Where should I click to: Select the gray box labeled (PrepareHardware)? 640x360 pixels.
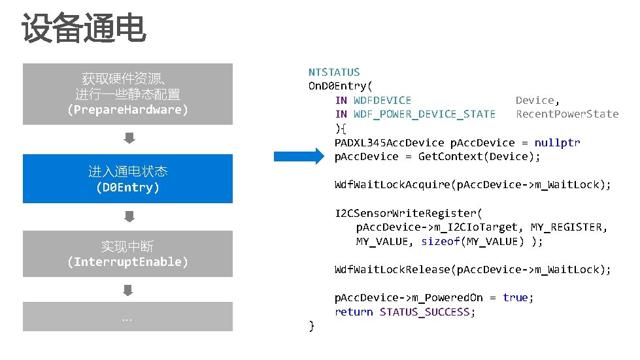pos(127,94)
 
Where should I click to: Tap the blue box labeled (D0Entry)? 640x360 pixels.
pos(127,179)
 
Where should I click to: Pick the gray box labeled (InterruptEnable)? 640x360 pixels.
pos(127,254)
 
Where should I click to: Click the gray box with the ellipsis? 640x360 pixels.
pos(127,317)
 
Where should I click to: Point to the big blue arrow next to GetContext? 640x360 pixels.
pos(299,156)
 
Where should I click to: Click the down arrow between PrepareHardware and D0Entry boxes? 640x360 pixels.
pos(129,138)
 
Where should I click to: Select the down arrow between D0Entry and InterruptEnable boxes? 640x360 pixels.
pos(129,216)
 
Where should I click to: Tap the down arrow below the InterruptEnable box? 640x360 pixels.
pos(129,289)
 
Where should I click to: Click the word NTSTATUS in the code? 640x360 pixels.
pos(334,72)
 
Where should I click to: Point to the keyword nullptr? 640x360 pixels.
pos(557,142)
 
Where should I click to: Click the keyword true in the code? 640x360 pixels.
pos(515,297)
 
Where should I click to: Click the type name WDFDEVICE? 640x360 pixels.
pos(382,100)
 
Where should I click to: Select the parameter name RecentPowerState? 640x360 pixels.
pos(567,114)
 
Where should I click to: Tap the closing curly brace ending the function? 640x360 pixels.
pos(312,325)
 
